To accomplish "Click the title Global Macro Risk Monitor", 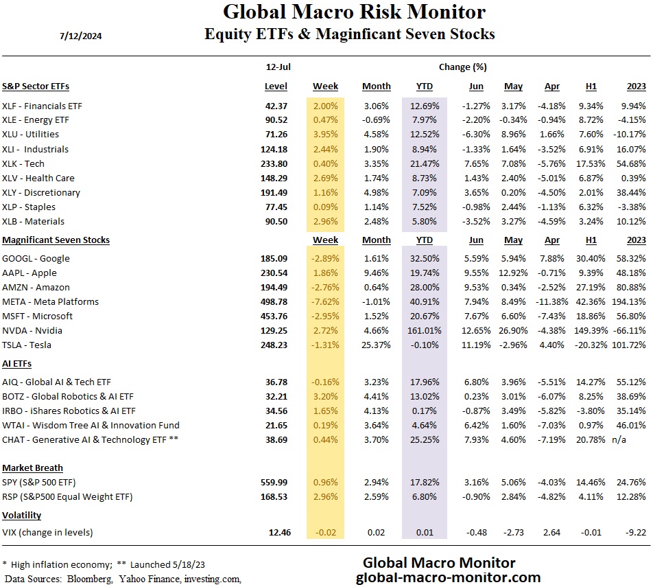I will coord(355,12).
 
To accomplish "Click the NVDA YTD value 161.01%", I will coord(426,330).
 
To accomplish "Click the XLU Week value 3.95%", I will coord(325,135).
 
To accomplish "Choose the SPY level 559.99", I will coord(275,482).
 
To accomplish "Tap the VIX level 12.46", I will coord(277,531).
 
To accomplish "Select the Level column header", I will coord(276,87).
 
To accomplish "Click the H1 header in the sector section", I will coord(591,87).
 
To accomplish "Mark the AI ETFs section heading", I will coord(17,363).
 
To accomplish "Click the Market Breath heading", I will coord(32,468).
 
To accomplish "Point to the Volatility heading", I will coord(22,515).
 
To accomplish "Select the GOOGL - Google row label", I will coord(36,258).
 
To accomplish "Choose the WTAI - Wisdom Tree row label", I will coord(91,425).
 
